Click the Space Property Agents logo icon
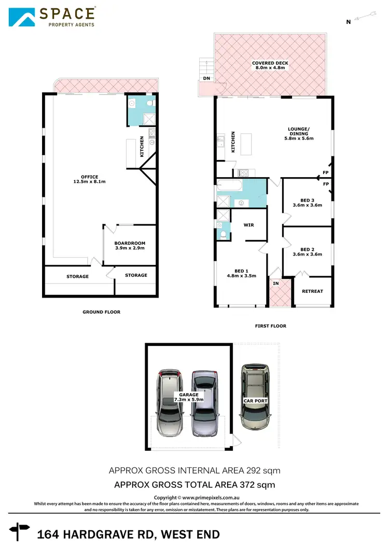pos(22,17)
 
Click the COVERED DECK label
pos(270,65)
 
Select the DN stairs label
pos(206,79)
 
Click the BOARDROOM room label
pos(129,246)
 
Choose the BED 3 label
pos(307,203)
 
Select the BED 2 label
pos(307,251)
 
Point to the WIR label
pos(248,225)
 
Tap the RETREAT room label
pos(312,291)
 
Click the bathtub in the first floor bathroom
pos(228,184)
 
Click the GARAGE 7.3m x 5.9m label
pos(189,397)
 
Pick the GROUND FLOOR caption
pos(101,312)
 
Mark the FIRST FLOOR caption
pos(271,326)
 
